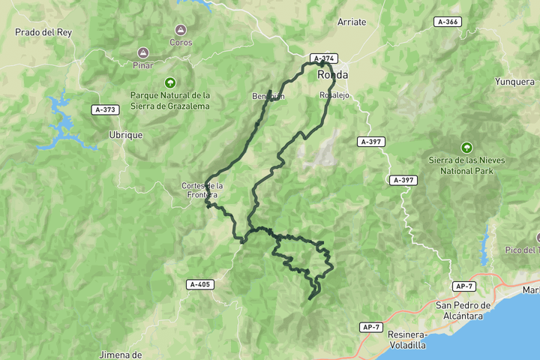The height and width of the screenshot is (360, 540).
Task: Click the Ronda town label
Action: click(x=332, y=75)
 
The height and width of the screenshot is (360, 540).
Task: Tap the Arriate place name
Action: click(x=352, y=22)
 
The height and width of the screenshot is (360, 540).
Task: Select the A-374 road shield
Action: click(x=324, y=58)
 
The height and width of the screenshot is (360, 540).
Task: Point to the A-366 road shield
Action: click(x=447, y=22)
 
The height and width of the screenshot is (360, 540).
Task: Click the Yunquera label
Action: click(x=514, y=82)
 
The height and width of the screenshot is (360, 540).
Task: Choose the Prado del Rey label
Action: click(x=42, y=32)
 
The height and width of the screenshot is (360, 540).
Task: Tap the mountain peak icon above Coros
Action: click(x=180, y=30)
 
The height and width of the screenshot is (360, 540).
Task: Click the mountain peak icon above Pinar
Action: click(x=142, y=52)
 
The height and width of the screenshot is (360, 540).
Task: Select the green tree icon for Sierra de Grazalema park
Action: click(x=170, y=82)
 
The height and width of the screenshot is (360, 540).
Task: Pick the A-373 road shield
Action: click(x=106, y=109)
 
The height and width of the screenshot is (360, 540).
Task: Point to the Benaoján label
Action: click(x=268, y=97)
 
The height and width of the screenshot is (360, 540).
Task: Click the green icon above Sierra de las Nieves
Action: click(x=466, y=147)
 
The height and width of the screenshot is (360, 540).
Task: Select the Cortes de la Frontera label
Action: click(x=202, y=190)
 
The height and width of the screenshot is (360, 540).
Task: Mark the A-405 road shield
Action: click(x=200, y=284)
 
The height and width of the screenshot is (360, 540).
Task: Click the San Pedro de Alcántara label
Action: click(x=463, y=310)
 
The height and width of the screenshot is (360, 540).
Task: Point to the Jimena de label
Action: click(x=121, y=354)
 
